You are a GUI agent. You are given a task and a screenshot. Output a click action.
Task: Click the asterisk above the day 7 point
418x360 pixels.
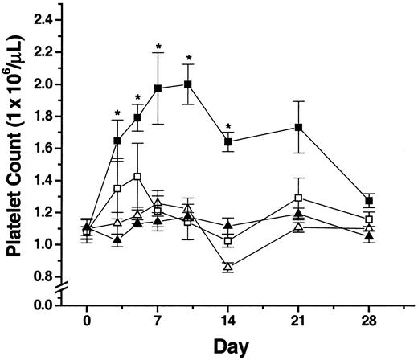(158, 47)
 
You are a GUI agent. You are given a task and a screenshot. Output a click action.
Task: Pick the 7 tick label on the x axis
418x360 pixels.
(158, 319)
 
